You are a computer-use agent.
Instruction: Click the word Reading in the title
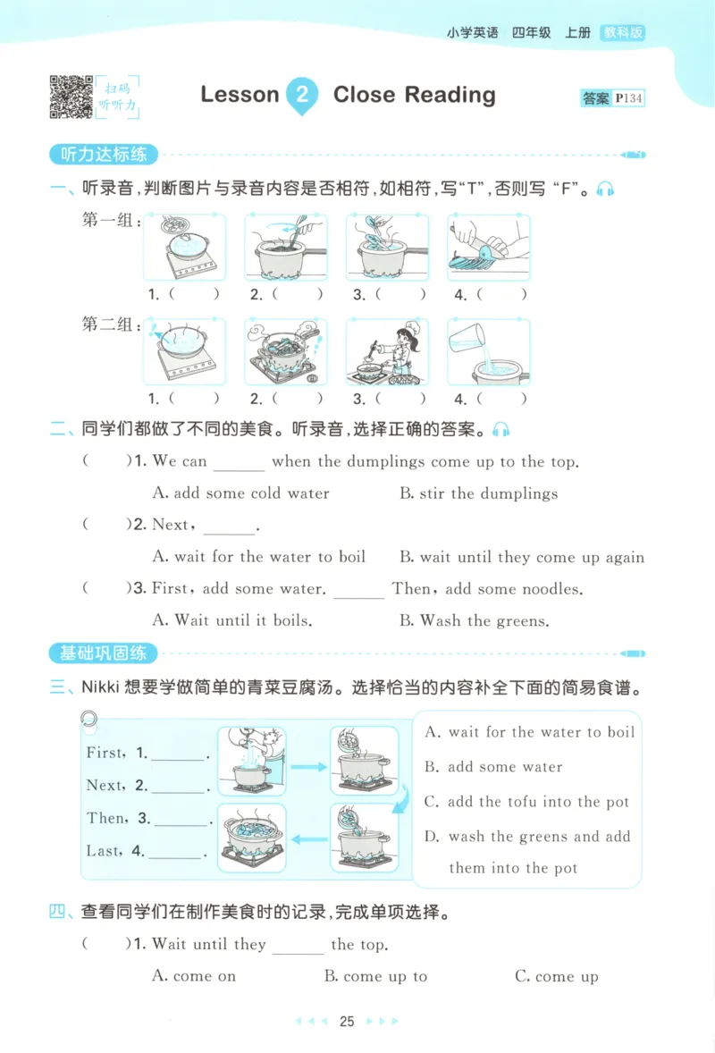pos(448,95)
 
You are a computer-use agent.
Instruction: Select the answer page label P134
pos(629,98)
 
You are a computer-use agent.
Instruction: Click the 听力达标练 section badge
pos(103,155)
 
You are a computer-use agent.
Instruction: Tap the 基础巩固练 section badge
pos(103,653)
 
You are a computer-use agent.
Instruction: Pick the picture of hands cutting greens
pos(489,248)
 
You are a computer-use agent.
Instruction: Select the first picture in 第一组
pos(185,248)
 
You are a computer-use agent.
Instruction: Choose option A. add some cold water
pos(241,493)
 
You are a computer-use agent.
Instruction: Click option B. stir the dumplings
pos(478,493)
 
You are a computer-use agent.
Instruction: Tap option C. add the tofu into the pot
pos(526,802)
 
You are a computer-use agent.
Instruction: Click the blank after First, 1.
pos(179,754)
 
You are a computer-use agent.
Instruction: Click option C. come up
pos(556,976)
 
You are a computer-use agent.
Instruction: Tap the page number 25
pos(348,1022)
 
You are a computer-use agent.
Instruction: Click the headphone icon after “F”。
pos(606,190)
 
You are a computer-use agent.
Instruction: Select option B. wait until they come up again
pos(522,557)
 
